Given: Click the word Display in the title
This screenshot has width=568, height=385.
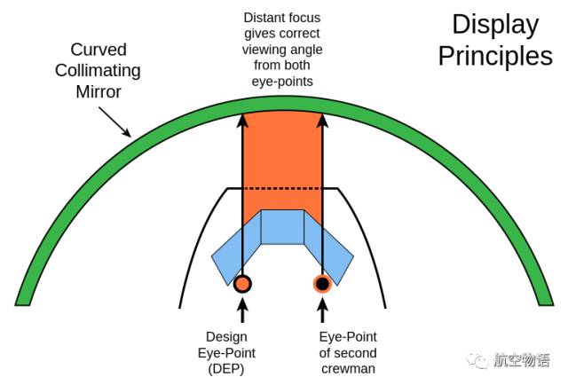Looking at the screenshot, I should tap(495, 24).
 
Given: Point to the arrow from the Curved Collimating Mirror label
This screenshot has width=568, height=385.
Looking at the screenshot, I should tap(114, 121).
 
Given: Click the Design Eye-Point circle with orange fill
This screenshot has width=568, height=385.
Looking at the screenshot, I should tap(241, 284).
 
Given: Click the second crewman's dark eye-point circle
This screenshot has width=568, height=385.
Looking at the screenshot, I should tap(322, 284).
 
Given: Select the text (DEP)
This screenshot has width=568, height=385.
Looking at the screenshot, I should tap(226, 368).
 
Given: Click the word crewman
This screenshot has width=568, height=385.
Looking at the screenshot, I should tap(348, 368).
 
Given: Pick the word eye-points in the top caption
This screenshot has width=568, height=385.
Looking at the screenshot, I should tap(282, 82).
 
